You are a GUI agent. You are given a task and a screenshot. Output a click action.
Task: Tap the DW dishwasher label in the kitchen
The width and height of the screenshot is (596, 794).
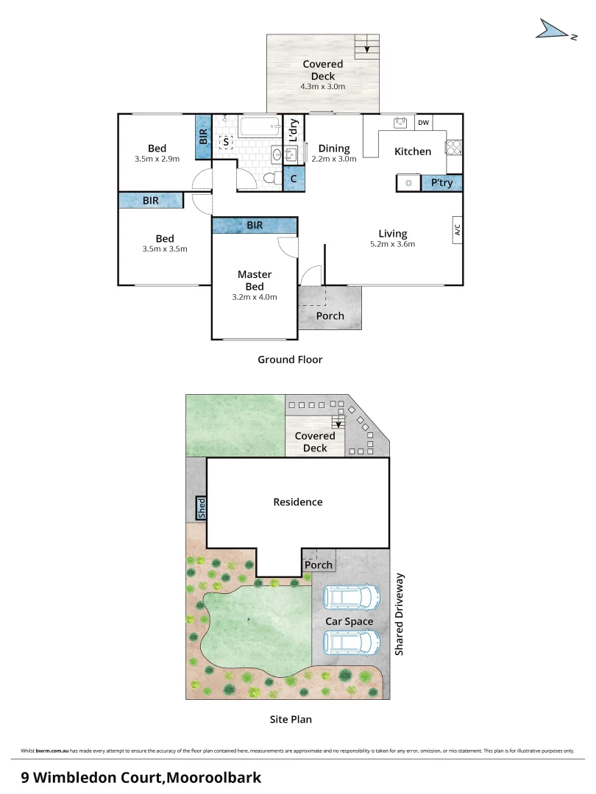coord(424,123)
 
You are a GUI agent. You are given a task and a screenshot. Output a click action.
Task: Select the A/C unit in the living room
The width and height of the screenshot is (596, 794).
coord(457,231)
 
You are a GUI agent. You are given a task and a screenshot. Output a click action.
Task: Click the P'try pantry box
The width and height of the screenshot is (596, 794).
coord(441,183)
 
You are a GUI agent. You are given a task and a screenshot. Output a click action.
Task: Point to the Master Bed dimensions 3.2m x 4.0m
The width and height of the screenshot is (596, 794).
coord(254,297)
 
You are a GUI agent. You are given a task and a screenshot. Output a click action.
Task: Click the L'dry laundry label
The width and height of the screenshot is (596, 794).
coord(293,130)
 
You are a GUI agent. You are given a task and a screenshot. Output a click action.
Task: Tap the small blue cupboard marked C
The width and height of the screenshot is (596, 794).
coord(294,178)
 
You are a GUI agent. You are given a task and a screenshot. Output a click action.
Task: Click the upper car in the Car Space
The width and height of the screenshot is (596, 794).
coord(352,596)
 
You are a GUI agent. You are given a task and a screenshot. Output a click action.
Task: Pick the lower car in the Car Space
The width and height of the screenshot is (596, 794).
coord(352,643)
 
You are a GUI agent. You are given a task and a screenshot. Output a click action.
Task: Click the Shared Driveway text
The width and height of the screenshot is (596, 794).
coord(400,615)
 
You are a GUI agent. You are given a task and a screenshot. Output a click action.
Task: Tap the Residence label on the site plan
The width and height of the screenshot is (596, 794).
coord(298,502)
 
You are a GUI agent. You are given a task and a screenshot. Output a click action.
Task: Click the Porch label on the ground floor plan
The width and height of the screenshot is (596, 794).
coord(330,316)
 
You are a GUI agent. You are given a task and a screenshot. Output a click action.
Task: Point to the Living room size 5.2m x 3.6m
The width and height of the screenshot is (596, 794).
coord(392,244)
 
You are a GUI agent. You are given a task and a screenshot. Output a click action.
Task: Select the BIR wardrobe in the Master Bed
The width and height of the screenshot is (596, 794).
coord(255,225)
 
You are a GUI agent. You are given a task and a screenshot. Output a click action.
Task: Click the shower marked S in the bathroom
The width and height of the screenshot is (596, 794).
coord(226,141)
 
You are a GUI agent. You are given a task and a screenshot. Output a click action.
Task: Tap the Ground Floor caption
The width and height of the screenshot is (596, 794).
coord(290,360)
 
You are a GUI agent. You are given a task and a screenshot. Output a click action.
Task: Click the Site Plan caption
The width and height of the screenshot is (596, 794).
coord(290,719)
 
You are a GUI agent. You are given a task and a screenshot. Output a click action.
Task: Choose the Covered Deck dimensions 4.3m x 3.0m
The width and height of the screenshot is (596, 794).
coord(322,87)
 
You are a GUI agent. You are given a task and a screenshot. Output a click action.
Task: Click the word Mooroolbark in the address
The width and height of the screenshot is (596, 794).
coord(213,776)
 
